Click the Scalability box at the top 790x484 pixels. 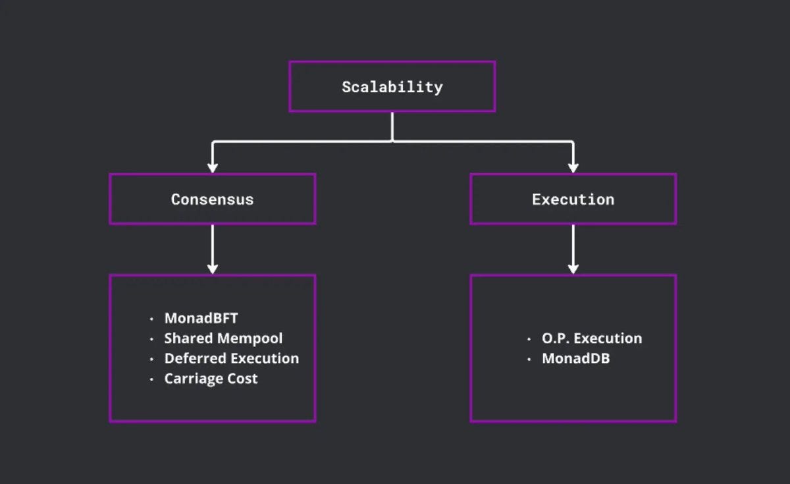tap(392, 86)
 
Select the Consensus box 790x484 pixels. tap(212, 199)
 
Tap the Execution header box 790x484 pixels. tap(573, 199)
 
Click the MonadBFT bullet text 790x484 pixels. tap(201, 318)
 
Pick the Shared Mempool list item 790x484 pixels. tap(223, 338)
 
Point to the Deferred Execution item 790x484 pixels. tap(231, 358)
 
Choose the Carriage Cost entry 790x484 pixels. tap(211, 379)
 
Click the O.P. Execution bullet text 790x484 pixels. tap(591, 338)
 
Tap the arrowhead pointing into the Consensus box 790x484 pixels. tap(212, 167)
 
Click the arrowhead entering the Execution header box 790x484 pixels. tap(573, 167)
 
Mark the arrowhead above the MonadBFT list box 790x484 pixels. tap(212, 267)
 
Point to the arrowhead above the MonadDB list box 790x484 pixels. tap(573, 267)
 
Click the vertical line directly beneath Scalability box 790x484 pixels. tap(392, 126)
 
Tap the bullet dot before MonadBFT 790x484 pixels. tap(151, 319)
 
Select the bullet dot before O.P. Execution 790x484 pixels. tap(529, 340)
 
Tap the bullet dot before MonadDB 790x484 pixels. tap(529, 360)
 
